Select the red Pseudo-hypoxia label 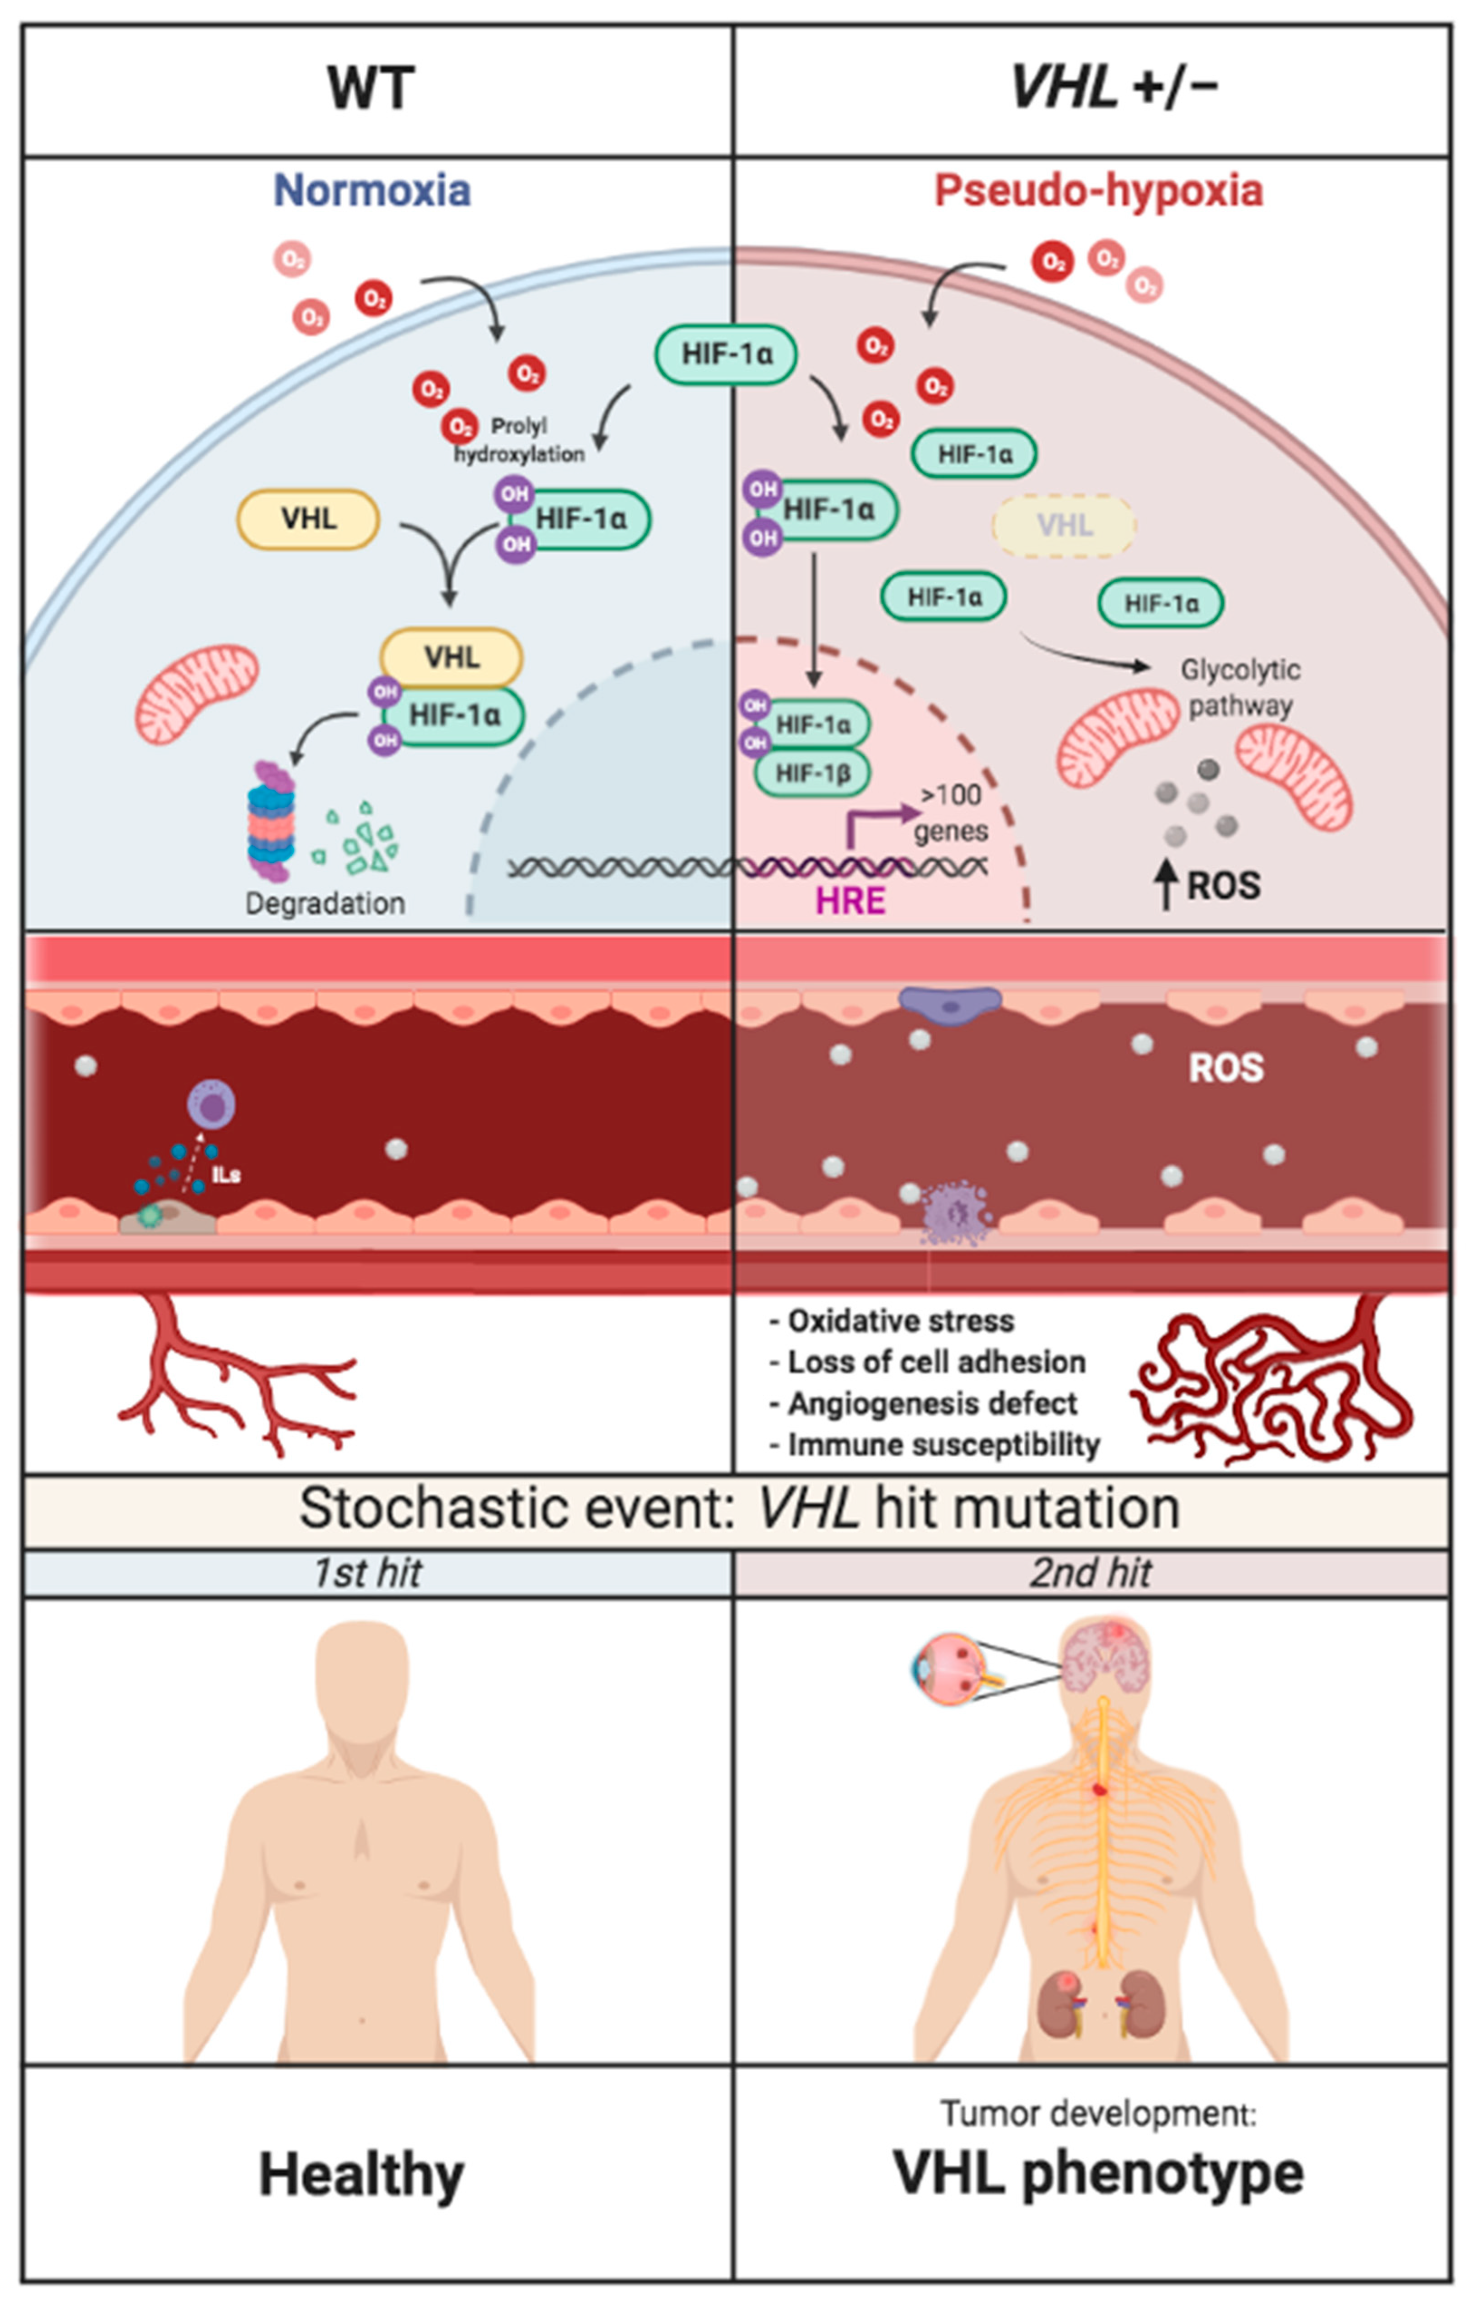[x=1098, y=191]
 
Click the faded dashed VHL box [x=1064, y=526]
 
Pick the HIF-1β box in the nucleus [x=812, y=773]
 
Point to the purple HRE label [x=850, y=901]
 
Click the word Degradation [x=325, y=903]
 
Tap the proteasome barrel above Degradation [x=271, y=820]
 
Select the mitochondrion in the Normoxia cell [x=197, y=693]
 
